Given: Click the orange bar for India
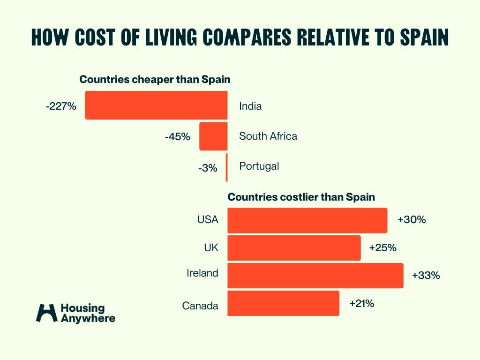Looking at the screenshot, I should [x=156, y=105].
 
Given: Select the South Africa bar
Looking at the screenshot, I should [x=213, y=136].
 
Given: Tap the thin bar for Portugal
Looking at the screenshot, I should [x=226, y=167].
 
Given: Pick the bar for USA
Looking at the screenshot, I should [x=307, y=220].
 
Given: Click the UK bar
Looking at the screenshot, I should [x=294, y=248].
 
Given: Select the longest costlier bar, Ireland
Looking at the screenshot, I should [x=315, y=276].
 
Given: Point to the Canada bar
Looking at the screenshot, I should [x=283, y=303].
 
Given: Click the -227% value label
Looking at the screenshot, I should [x=61, y=106].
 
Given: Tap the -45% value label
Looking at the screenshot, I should [x=177, y=137].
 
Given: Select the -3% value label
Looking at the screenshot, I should [x=207, y=168].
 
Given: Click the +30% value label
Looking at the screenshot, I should [x=412, y=219].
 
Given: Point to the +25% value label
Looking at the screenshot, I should [x=383, y=247].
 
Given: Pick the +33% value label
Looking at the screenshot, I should [x=426, y=276].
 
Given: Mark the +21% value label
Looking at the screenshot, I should [x=361, y=303].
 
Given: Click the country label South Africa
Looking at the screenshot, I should [x=268, y=136].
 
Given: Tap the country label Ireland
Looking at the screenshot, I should [x=202, y=273].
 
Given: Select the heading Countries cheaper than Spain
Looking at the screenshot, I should [x=155, y=80].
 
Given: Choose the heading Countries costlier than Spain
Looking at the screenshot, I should [x=301, y=197].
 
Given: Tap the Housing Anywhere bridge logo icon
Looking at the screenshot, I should [x=46, y=313].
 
